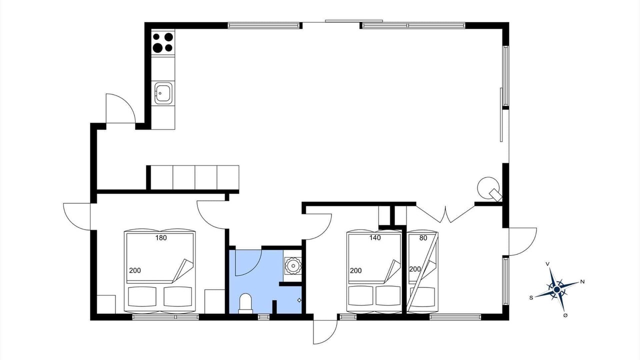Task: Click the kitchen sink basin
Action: point(163,93)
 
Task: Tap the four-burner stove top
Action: point(163,42)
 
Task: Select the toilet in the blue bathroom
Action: point(245,303)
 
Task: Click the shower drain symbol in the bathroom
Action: point(299,300)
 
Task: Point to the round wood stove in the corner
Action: point(488,188)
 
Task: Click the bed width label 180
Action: point(161,237)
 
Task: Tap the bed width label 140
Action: point(375,237)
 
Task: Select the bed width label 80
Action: point(423,237)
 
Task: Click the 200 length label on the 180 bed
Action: point(135,270)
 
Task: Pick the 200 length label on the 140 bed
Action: point(355,270)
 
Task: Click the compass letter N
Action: point(582,282)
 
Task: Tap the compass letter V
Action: point(547,264)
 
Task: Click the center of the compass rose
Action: point(556,289)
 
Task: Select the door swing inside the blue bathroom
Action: point(248,263)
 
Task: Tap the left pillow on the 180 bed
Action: point(142,296)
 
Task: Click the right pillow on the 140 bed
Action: point(387,296)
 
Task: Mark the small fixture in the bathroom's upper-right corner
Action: point(293,265)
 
